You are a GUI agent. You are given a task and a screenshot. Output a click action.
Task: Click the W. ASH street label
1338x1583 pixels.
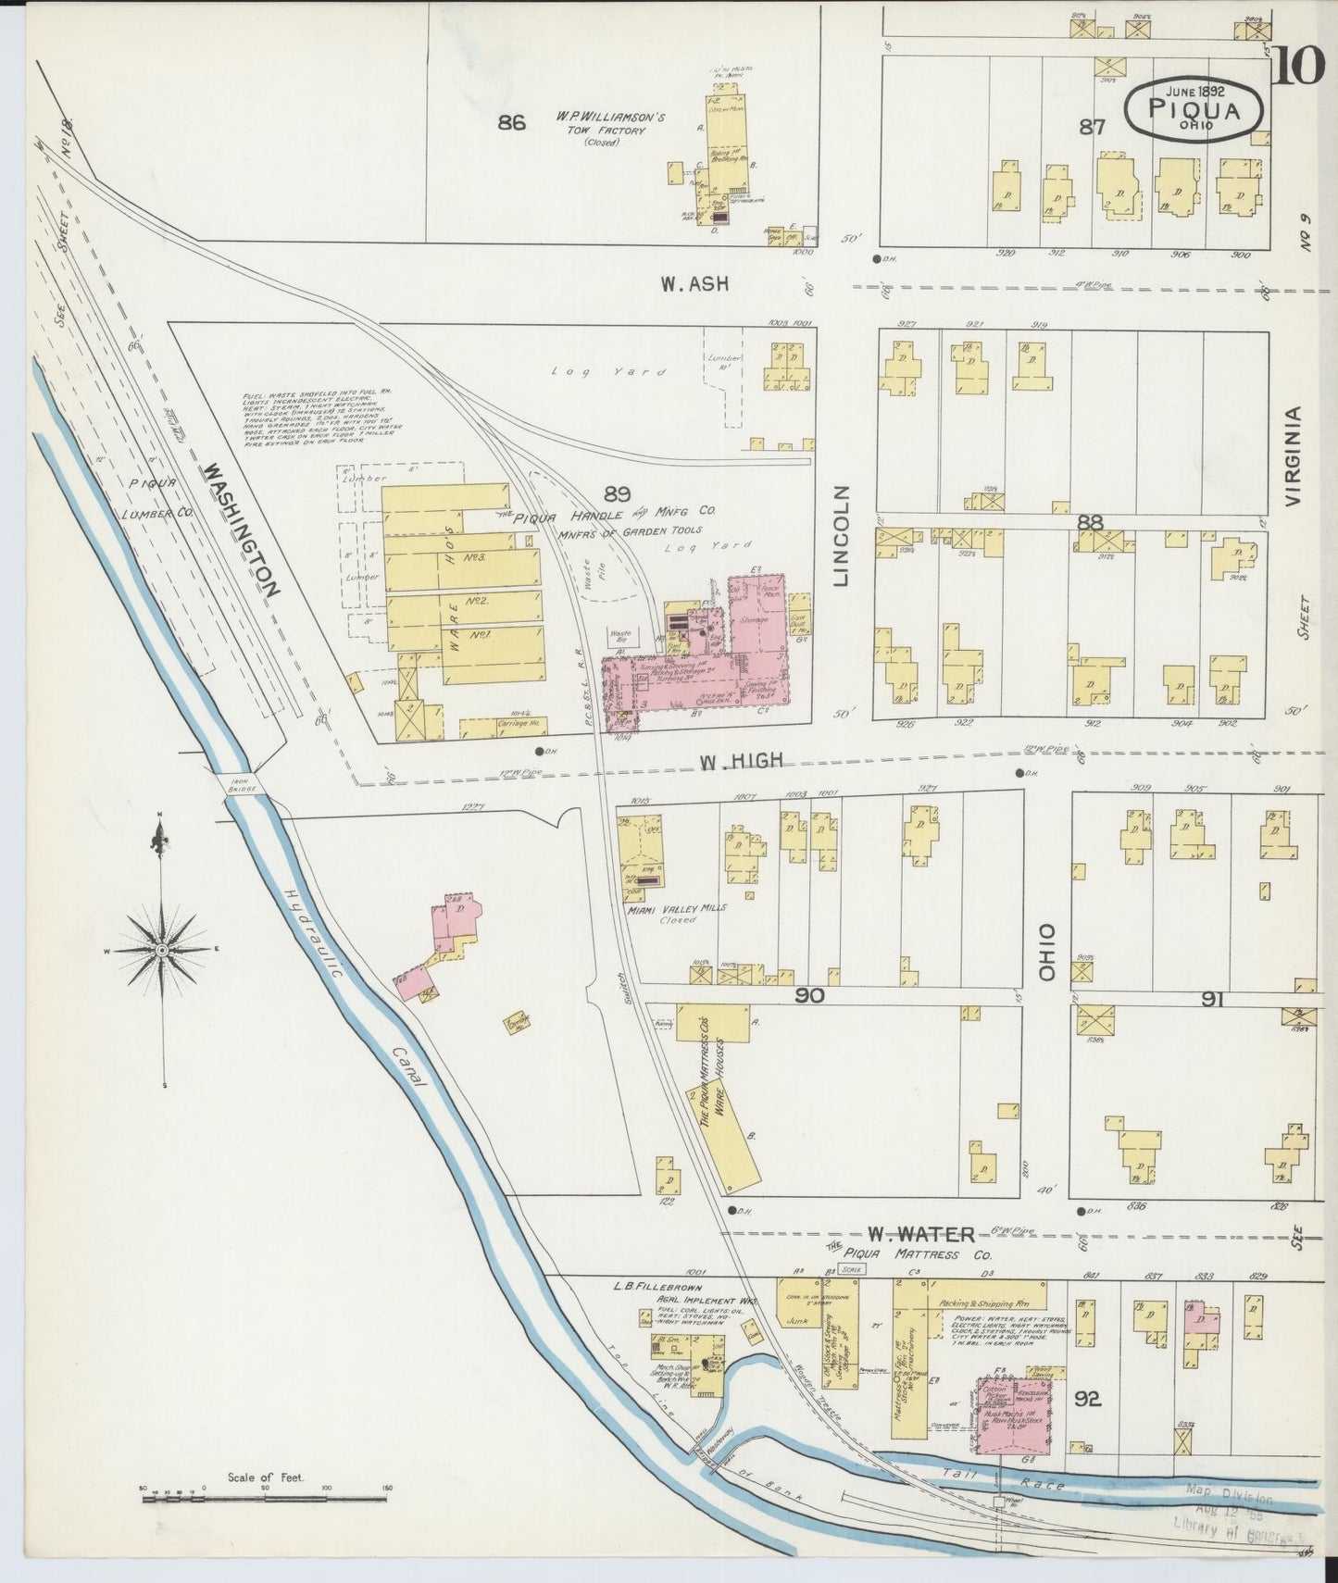click(694, 284)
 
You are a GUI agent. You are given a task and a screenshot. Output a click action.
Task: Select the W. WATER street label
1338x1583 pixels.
click(920, 1234)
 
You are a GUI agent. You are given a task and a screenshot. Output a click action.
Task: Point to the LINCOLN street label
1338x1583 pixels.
click(841, 536)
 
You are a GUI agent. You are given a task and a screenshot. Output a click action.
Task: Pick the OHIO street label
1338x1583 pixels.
click(1047, 954)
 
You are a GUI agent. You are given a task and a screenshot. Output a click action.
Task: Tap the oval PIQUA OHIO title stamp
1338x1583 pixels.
click(1194, 108)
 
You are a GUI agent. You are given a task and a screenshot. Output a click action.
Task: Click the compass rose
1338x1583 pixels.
click(163, 951)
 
